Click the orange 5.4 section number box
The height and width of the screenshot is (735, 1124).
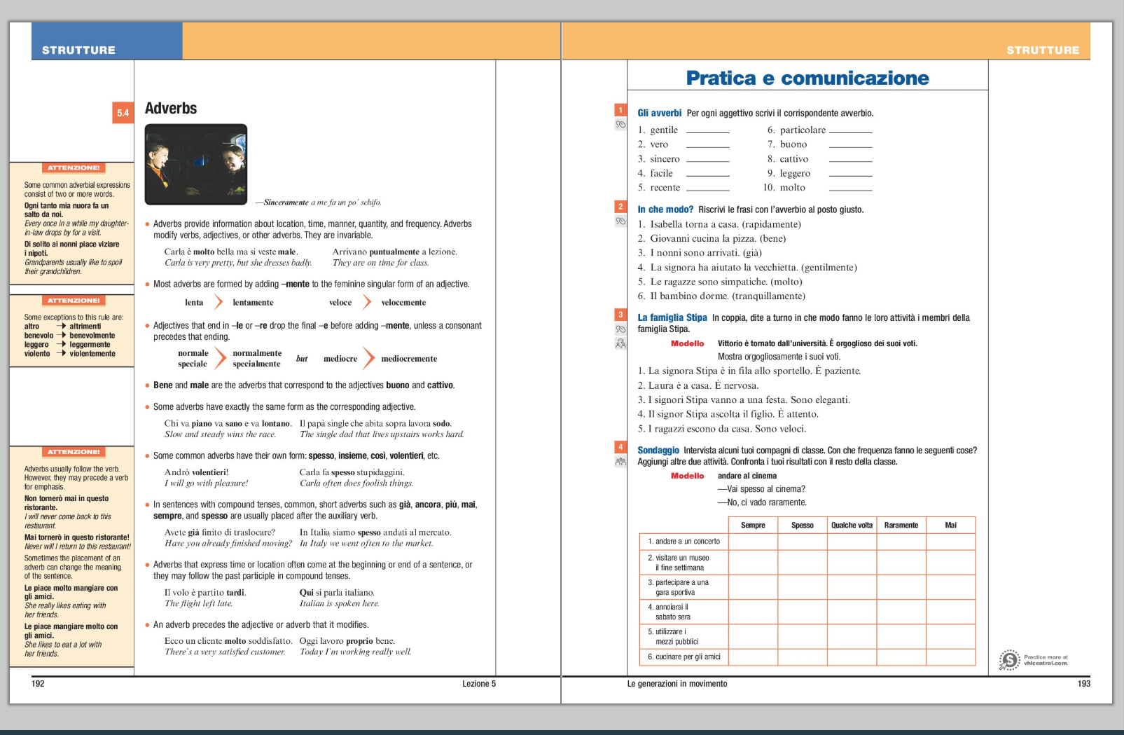click(x=123, y=113)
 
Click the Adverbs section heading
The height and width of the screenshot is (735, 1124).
click(x=171, y=109)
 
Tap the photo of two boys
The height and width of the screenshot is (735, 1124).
click(x=196, y=164)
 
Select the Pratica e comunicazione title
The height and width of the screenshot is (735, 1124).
click(x=807, y=78)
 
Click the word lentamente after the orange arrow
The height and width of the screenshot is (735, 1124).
click(x=253, y=303)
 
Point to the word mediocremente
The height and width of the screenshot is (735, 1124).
click(x=409, y=359)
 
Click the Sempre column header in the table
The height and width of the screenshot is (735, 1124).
click(x=753, y=525)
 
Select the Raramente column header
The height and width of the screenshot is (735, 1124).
click(x=901, y=525)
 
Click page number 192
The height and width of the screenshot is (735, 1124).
click(x=38, y=684)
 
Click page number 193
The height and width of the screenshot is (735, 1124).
click(x=1083, y=684)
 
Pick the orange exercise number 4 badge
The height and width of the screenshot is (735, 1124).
click(x=620, y=447)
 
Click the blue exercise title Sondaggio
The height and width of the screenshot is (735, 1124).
click(x=658, y=451)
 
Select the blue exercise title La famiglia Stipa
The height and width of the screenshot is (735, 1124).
click(x=672, y=317)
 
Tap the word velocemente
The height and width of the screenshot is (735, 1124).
click(x=403, y=303)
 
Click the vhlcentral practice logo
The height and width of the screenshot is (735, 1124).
click(x=1009, y=659)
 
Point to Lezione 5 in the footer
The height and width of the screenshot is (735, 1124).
click(x=478, y=684)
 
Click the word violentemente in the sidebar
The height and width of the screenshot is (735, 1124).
click(x=92, y=354)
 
